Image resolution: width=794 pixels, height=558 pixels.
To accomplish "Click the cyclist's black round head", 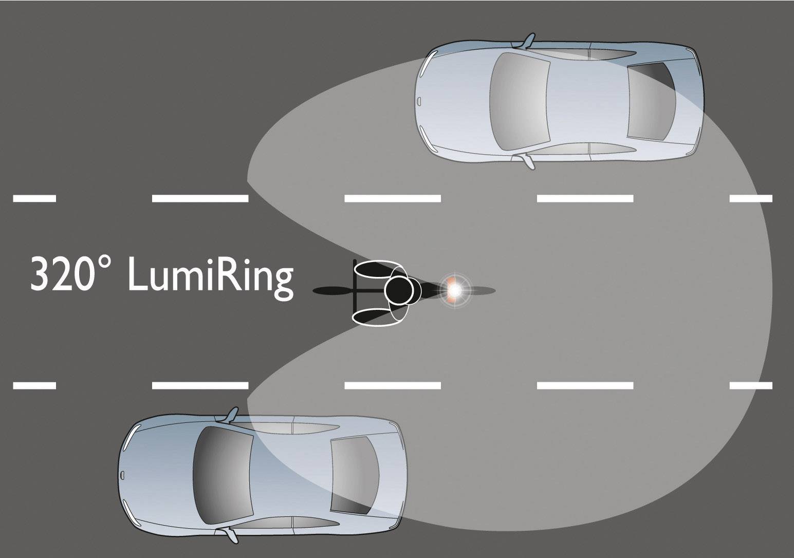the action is click(x=399, y=290).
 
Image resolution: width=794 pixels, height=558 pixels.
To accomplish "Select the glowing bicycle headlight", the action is click(x=455, y=290).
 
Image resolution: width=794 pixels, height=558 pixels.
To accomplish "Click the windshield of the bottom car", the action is click(x=224, y=475).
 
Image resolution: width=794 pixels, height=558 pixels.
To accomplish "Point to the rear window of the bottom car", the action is click(x=355, y=475).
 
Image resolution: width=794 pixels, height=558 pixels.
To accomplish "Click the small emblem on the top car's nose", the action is click(x=420, y=101).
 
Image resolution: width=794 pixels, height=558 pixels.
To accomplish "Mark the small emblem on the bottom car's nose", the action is click(x=123, y=475).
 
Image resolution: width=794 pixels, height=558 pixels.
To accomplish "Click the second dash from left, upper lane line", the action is click(x=200, y=198).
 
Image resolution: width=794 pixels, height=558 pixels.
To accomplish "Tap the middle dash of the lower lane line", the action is click(x=393, y=385).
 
